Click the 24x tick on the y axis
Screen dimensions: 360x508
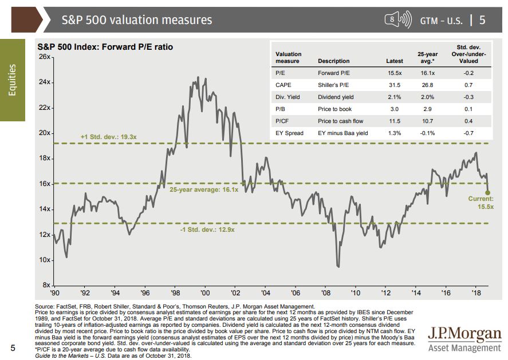pyautogui.click(x=44, y=82)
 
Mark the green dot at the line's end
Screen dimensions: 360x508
pyautogui.click(x=488, y=192)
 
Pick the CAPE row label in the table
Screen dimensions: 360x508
pyautogui.click(x=285, y=85)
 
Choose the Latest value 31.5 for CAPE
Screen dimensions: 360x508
pyautogui.click(x=395, y=85)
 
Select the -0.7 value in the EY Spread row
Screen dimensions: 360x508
pyautogui.click(x=468, y=133)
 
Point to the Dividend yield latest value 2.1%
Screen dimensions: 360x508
pyautogui.click(x=394, y=97)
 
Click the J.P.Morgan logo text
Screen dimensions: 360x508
pyautogui.click(x=464, y=334)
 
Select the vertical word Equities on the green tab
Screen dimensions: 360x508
pyautogui.click(x=13, y=80)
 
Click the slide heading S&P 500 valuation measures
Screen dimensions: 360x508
pyautogui.click(x=137, y=20)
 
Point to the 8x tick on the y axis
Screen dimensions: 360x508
pyautogui.click(x=46, y=285)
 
